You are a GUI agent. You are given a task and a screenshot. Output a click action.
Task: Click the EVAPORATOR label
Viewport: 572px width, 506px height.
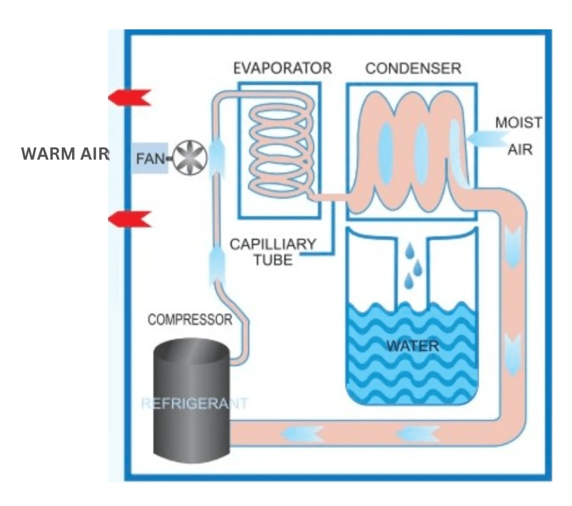click(x=282, y=68)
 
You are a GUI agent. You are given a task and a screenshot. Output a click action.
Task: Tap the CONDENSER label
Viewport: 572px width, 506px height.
click(x=413, y=68)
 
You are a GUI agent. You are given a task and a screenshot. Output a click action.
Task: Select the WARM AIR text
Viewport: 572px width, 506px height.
click(x=65, y=155)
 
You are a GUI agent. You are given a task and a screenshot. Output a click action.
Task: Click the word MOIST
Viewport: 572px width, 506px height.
click(x=518, y=122)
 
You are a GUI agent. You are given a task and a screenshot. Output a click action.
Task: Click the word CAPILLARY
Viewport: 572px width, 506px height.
click(x=273, y=245)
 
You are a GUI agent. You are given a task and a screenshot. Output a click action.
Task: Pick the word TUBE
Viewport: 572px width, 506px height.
click(x=273, y=260)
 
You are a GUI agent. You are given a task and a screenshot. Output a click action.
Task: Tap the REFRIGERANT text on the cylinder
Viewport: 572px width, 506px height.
click(x=194, y=404)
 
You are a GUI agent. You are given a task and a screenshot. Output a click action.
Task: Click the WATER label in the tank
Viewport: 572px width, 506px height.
click(x=412, y=346)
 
